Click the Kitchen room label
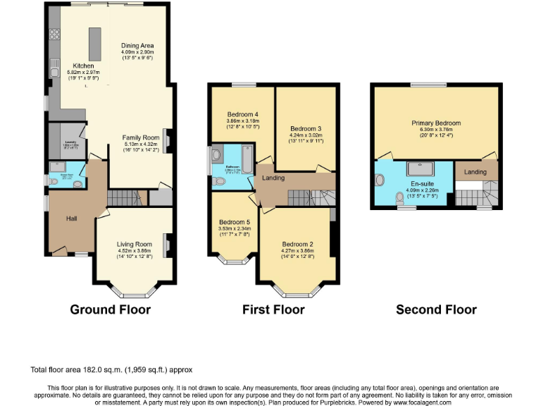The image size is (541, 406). click(83, 65)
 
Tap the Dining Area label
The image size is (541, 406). click(137, 45)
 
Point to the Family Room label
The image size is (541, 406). click(141, 137)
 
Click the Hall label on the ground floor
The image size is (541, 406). click(71, 219)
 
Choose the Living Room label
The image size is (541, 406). click(134, 245)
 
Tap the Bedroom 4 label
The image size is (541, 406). click(242, 114)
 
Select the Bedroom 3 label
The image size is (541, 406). click(306, 129)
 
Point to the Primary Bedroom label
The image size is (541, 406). click(436, 123)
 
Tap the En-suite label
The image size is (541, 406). click(423, 183)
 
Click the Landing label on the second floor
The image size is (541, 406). click(475, 172)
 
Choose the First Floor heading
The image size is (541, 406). click(273, 309)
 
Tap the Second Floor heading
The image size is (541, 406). click(436, 309)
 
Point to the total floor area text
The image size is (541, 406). click(111, 369)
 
